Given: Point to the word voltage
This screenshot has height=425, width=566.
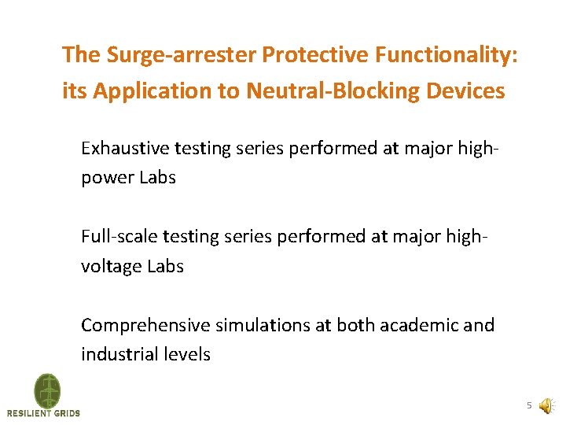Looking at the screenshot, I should click(111, 266).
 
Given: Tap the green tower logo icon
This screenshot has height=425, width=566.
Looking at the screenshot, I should click(46, 390).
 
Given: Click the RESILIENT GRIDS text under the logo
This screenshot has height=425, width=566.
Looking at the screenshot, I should click(43, 413).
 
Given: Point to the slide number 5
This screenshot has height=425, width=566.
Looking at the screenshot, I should click(529, 405).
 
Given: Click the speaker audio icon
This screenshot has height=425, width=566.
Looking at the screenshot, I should click(546, 406).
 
